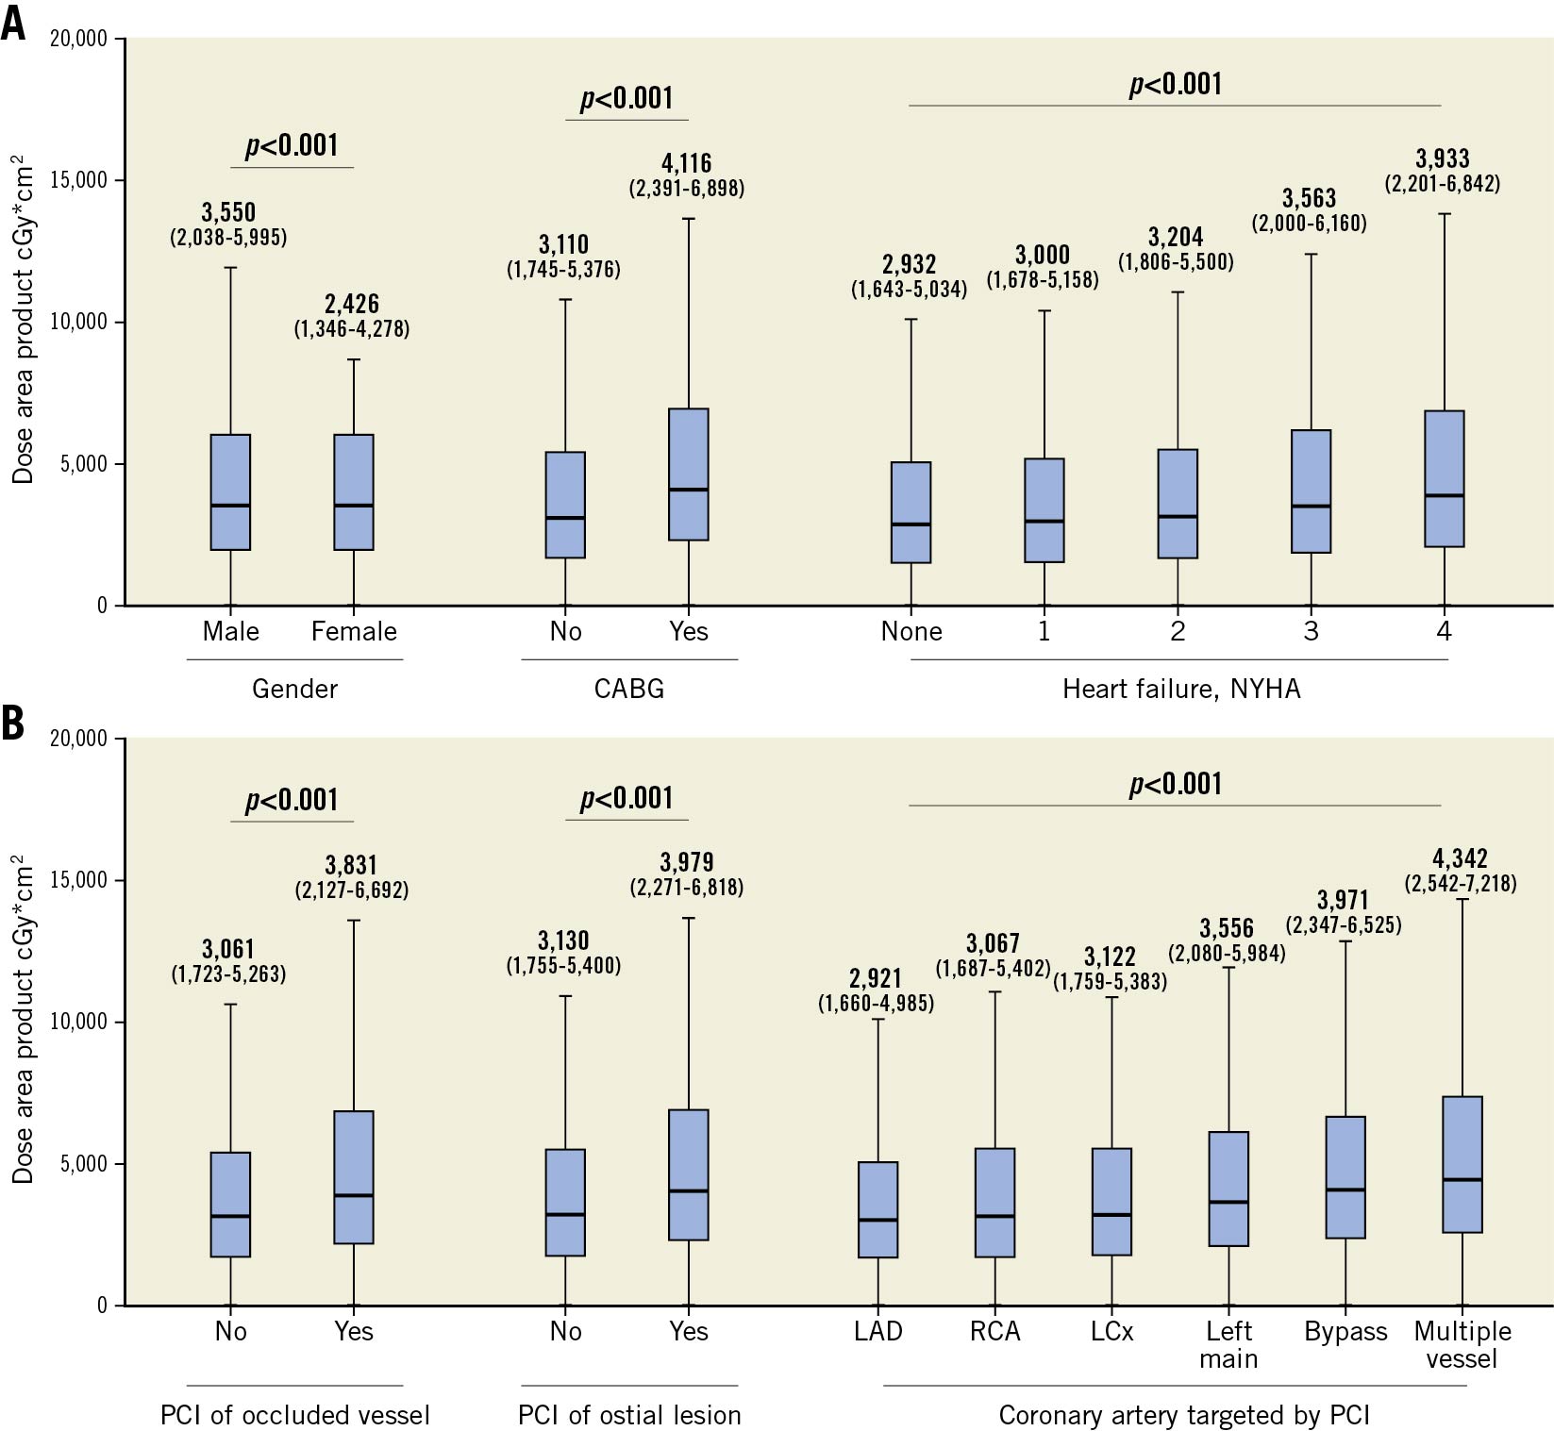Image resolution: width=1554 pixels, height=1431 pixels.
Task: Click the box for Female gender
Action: click(x=354, y=491)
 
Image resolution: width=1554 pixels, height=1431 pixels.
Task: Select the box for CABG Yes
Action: click(x=689, y=474)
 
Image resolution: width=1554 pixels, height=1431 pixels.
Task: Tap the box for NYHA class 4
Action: click(x=1444, y=478)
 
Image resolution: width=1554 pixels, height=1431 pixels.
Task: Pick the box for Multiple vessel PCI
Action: click(x=1462, y=1164)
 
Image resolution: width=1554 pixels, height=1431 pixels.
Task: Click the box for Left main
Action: click(x=1229, y=1189)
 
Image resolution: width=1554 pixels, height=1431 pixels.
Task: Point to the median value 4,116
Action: click(x=687, y=163)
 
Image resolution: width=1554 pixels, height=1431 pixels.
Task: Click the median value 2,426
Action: click(x=352, y=304)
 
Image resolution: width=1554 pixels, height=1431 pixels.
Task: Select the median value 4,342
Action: click(x=1460, y=858)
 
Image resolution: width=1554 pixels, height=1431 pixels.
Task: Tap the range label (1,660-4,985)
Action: click(x=876, y=1003)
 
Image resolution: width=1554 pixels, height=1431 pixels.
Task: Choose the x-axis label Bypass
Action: click(x=1345, y=1331)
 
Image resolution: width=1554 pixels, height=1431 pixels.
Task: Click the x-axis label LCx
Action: click(x=1111, y=1331)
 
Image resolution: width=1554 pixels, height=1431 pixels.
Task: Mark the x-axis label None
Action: click(x=911, y=631)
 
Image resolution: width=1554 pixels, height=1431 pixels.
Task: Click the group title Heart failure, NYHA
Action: click(x=1181, y=689)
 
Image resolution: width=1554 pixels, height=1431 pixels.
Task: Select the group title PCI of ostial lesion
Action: click(x=629, y=1415)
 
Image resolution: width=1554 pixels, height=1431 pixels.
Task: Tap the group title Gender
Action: click(x=294, y=689)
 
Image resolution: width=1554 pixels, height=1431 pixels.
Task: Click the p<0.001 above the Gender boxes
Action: click(x=292, y=145)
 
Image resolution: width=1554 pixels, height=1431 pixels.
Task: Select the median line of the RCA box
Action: click(x=995, y=1216)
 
